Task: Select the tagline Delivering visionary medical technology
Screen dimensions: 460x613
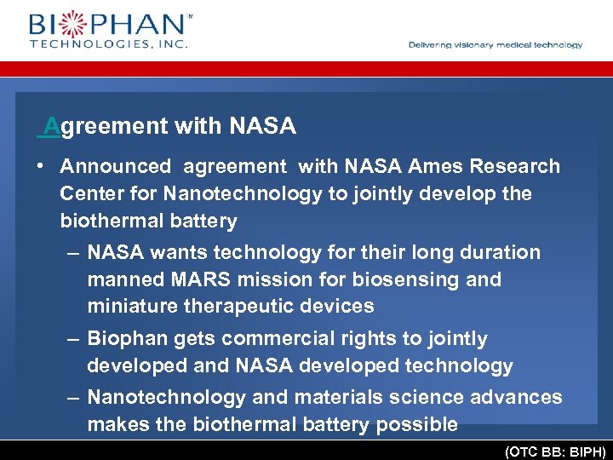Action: [496, 45]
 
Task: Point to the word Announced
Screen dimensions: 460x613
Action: [116, 166]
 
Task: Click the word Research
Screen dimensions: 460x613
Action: [514, 166]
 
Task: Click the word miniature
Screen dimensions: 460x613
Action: [129, 306]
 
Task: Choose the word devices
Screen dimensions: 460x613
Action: [341, 306]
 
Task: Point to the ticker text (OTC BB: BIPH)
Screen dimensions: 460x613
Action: [555, 452]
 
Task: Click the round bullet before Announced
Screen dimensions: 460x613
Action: [41, 166]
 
